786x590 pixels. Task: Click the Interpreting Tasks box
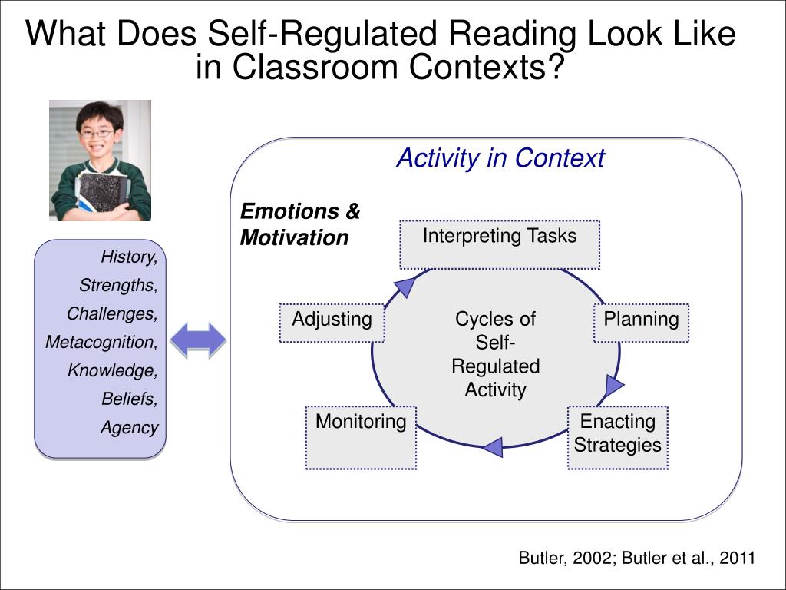[x=499, y=244]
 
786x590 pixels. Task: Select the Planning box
[x=641, y=323]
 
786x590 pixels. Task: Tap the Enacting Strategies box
[x=617, y=437]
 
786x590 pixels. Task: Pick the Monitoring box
[x=361, y=437]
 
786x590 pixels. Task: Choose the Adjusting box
[x=332, y=323]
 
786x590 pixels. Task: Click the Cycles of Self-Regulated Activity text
[x=495, y=354]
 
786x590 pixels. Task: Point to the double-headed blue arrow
[x=198, y=340]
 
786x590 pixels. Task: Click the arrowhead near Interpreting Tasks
[x=405, y=287]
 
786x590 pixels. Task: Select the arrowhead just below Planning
[x=614, y=386]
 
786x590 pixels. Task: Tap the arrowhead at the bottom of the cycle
[x=492, y=446]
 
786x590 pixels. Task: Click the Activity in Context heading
[x=500, y=158]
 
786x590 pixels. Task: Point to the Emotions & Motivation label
[x=299, y=224]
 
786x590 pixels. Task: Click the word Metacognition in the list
[x=101, y=342]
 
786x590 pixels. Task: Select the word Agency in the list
[x=129, y=428]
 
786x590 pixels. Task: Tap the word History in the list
[x=129, y=256]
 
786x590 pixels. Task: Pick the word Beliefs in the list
[x=129, y=399]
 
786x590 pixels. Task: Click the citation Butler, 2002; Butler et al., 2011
[x=637, y=559]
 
